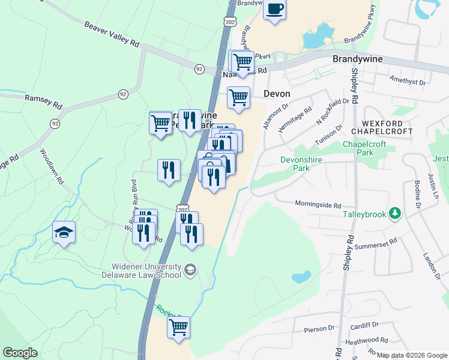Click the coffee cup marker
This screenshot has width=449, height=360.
[275, 10]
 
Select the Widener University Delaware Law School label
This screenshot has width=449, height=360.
[146, 271]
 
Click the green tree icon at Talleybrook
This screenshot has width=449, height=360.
[395, 213]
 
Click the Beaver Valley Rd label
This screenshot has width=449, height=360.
[112, 35]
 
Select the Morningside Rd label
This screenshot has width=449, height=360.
[318, 204]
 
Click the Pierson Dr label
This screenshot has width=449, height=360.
[319, 329]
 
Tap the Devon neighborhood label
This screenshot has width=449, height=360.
[277, 94]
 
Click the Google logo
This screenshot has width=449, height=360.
[20, 353]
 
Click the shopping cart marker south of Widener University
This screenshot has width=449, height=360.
[179, 328]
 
